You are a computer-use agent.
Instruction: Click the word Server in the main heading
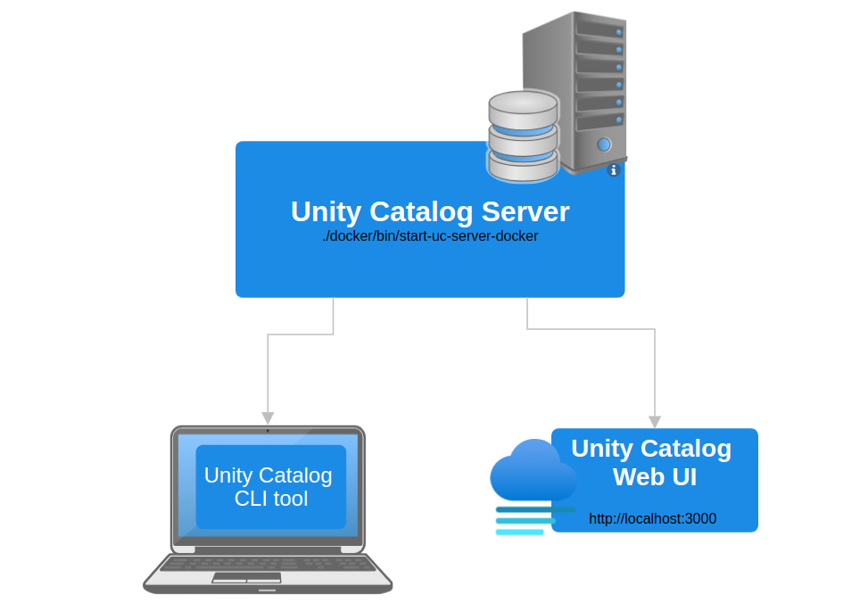click(x=525, y=211)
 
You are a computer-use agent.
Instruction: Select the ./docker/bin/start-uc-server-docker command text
click(x=430, y=237)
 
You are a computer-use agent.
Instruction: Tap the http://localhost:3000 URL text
click(x=652, y=518)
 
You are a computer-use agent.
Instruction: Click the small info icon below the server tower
click(x=613, y=169)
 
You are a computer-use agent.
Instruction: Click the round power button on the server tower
click(x=604, y=144)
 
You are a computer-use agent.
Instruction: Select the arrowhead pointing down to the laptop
click(x=268, y=418)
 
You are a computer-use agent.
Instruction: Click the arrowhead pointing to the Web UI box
click(x=655, y=422)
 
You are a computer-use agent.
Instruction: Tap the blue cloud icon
click(x=532, y=471)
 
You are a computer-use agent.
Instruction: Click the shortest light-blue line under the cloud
click(x=519, y=533)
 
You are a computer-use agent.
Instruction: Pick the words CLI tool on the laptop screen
click(x=271, y=499)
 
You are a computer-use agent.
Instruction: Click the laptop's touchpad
click(x=246, y=578)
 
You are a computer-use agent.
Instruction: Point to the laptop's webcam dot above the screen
click(x=268, y=431)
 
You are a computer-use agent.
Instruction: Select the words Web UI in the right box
click(x=654, y=477)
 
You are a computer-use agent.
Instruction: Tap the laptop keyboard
click(x=268, y=564)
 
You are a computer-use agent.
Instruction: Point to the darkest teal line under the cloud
click(x=535, y=509)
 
